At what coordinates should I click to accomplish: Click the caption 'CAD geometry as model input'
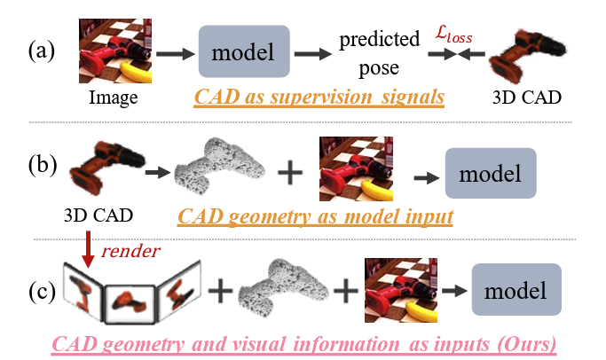pos(315,216)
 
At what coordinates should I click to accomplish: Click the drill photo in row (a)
pos(112,51)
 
